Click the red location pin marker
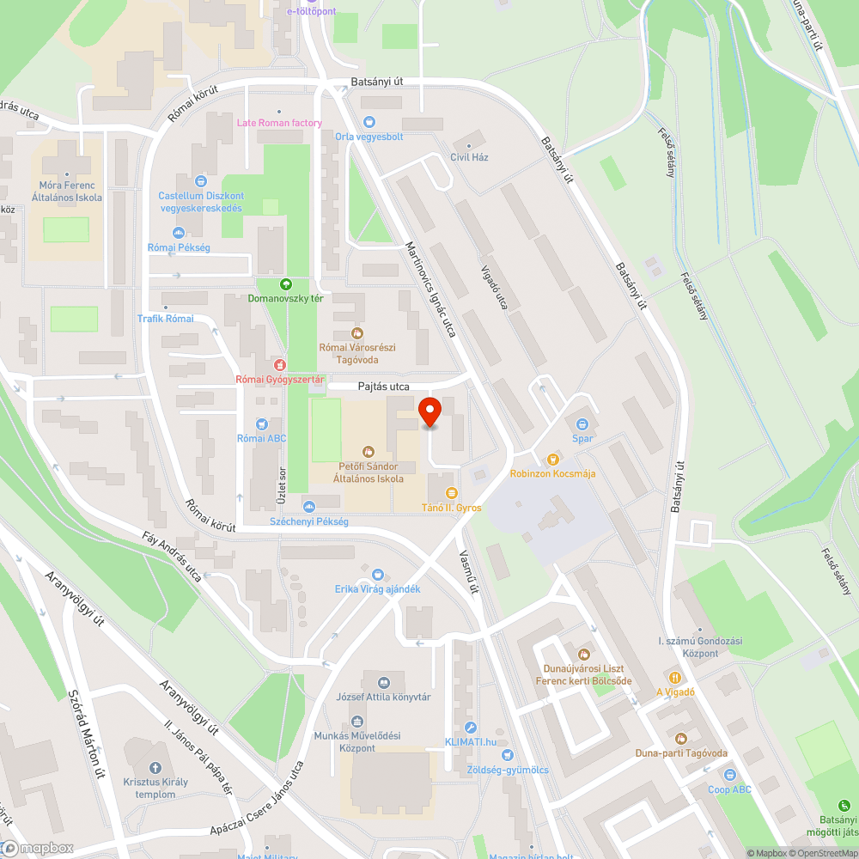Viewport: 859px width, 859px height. point(429,411)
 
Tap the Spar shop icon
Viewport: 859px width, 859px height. point(582,423)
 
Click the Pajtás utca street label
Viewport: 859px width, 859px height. point(384,387)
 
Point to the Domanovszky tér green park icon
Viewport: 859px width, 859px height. point(286,284)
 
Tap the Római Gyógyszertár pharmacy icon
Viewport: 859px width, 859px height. point(278,364)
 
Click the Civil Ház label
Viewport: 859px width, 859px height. point(469,157)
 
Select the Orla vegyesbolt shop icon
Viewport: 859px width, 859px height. point(369,122)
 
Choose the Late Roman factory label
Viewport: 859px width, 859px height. point(279,123)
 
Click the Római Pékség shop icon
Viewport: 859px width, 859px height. point(179,233)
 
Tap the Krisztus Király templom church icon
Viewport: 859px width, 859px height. point(155,767)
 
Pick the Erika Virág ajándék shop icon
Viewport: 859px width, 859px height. point(378,573)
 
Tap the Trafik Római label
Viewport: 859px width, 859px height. point(166,319)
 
